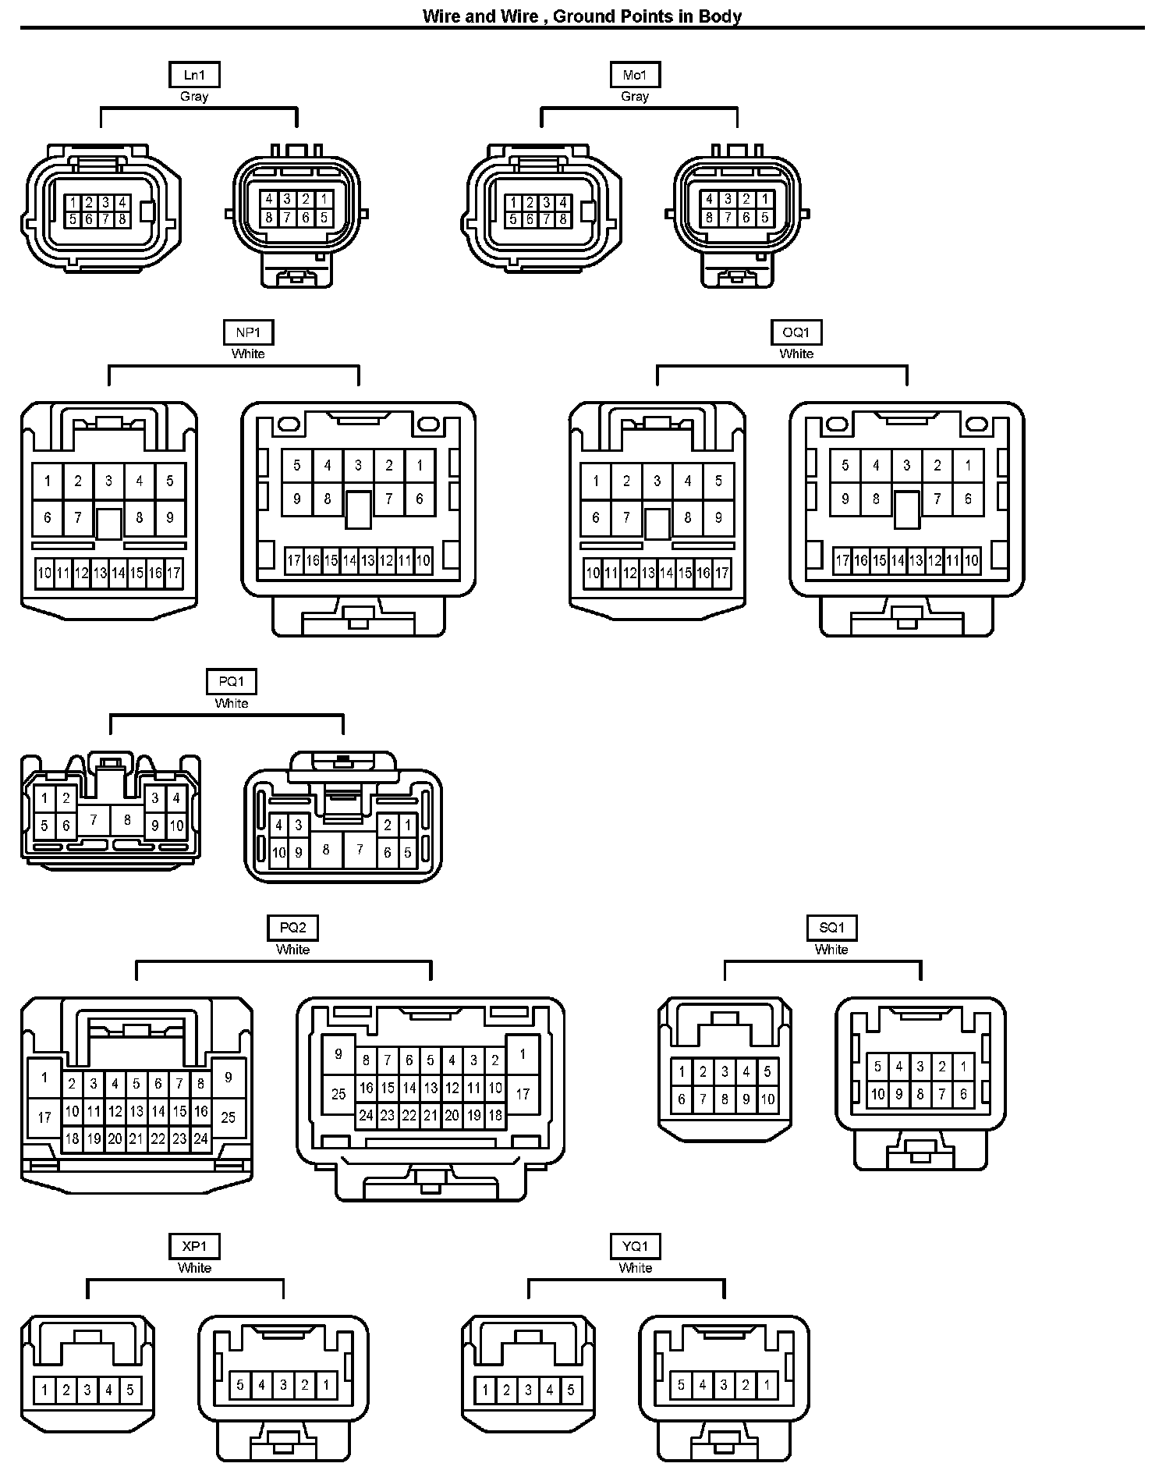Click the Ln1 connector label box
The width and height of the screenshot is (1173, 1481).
[x=194, y=75]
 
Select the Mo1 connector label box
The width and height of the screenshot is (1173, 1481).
[x=635, y=75]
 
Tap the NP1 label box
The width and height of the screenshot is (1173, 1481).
[x=248, y=332]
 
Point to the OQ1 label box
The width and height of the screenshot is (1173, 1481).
[x=796, y=332]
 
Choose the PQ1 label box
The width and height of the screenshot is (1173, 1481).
[x=232, y=682]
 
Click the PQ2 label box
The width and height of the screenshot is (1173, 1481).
[x=292, y=928]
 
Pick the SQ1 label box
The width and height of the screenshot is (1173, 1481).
[x=831, y=928]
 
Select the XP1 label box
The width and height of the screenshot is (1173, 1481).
[x=194, y=1246]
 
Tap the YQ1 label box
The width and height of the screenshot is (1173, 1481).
[x=636, y=1246]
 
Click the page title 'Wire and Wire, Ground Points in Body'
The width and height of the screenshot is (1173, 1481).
[x=582, y=16]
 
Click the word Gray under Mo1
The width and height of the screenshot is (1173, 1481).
[x=635, y=97]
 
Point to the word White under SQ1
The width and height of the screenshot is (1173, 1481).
[x=831, y=950]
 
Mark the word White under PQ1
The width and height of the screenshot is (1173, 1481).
[x=232, y=704]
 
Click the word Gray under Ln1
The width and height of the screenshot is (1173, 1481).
[x=194, y=97]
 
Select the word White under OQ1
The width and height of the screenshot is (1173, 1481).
[x=796, y=354]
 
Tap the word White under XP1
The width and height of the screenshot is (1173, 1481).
[x=194, y=1268]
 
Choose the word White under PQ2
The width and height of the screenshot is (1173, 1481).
[x=292, y=950]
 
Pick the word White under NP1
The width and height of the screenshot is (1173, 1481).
[x=248, y=354]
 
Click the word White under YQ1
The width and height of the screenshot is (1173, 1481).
[x=636, y=1268]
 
